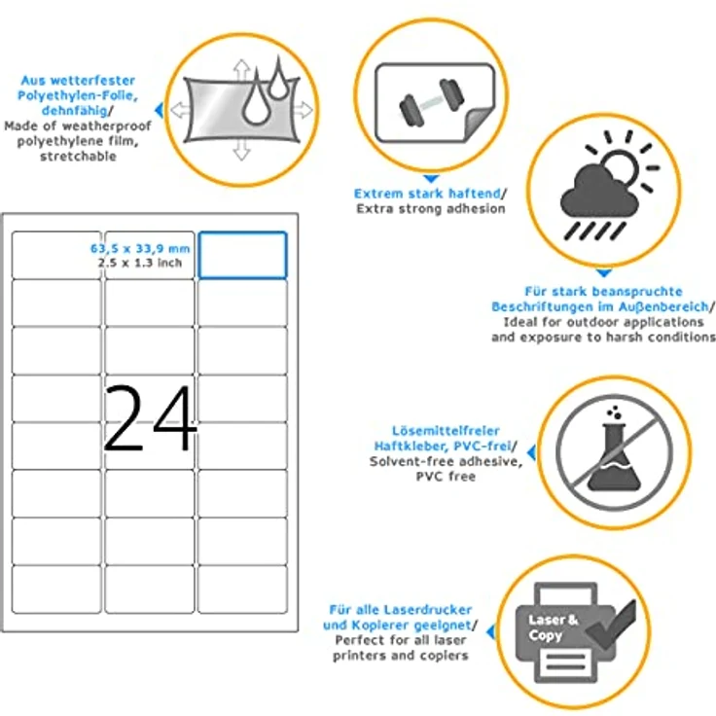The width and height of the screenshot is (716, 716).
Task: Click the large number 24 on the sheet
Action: [x=150, y=417]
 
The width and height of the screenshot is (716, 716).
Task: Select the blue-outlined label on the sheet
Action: [x=243, y=255]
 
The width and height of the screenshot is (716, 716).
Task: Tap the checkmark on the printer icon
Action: [x=611, y=625]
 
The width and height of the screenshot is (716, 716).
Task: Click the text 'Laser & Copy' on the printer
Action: [x=553, y=627]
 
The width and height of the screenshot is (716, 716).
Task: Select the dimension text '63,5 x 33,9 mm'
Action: [x=140, y=248]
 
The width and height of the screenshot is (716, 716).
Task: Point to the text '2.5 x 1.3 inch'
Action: [x=140, y=263]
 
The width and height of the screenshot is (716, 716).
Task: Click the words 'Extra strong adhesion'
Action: [x=431, y=209]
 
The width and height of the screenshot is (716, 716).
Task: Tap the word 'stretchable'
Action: [x=78, y=157]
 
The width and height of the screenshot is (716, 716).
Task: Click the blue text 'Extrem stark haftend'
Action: [x=427, y=194]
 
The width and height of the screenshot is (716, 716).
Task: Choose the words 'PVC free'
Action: [x=446, y=477]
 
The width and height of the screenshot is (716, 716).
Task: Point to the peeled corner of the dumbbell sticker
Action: [x=479, y=124]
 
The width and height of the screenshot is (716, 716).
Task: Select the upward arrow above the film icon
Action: [x=241, y=70]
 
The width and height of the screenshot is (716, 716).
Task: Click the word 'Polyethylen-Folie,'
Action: [x=78, y=96]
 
